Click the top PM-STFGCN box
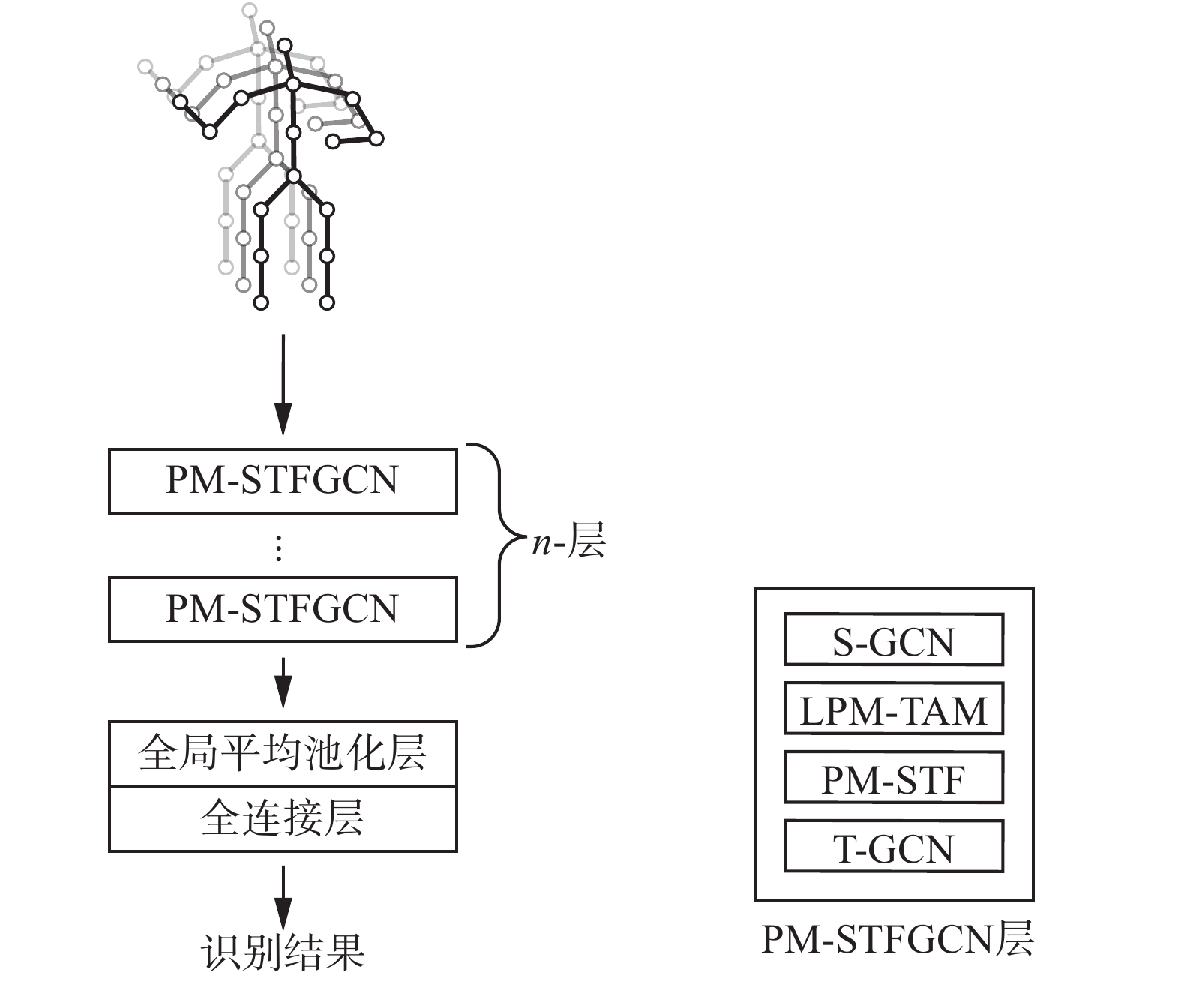[x=283, y=481]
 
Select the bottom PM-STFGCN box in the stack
[x=283, y=608]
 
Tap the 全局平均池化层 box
[x=283, y=754]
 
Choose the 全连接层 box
[x=283, y=818]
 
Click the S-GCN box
[x=893, y=640]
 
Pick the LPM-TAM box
[x=893, y=709]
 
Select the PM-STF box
[x=893, y=778]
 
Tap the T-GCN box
[x=893, y=847]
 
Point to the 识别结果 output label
[x=283, y=952]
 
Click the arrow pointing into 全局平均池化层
[x=283, y=683]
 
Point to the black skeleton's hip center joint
[x=294, y=176]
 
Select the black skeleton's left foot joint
[x=261, y=303]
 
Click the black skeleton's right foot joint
[x=327, y=303]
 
